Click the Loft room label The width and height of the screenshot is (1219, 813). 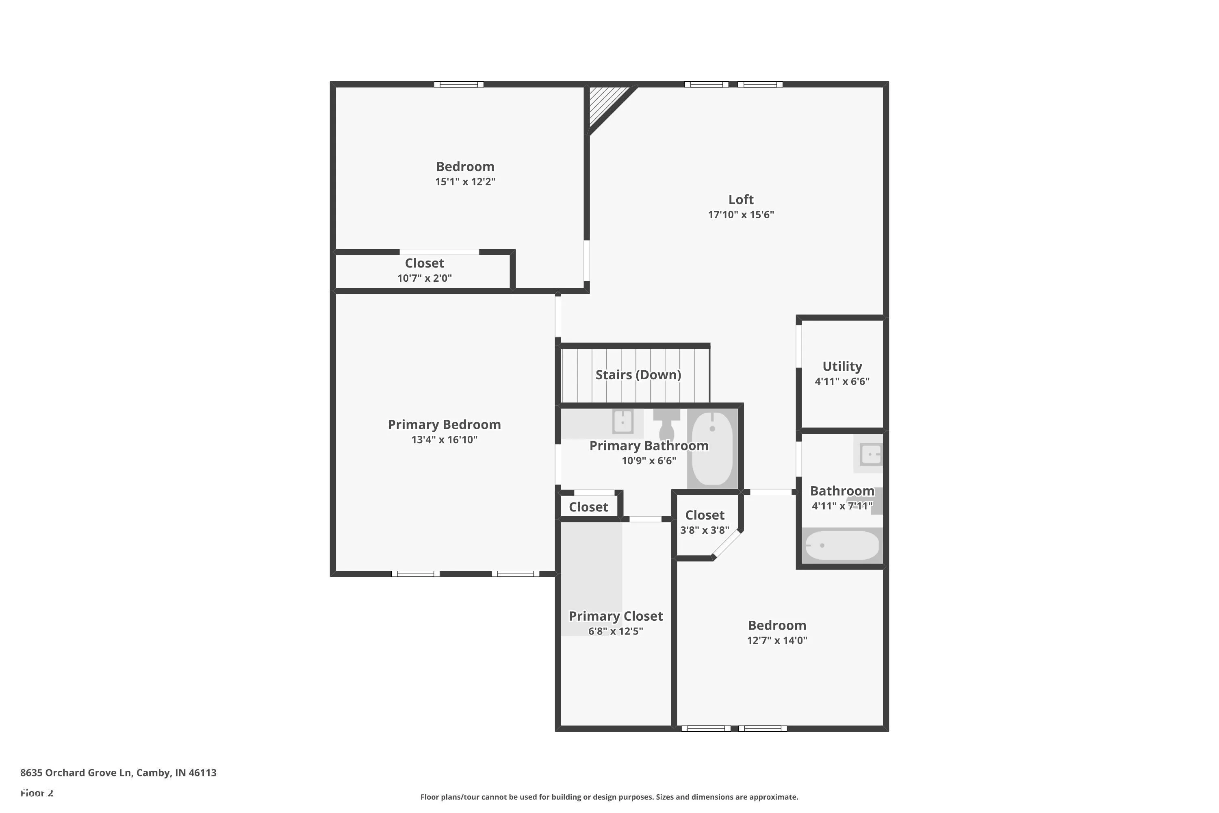(741, 200)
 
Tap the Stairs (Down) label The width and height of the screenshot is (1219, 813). (638, 375)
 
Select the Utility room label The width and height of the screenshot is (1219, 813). (842, 367)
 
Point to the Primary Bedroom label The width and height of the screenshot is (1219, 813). (444, 425)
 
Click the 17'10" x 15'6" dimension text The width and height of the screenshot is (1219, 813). (741, 215)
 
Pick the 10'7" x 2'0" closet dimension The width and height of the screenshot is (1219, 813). (425, 278)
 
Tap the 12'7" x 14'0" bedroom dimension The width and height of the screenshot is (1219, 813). (777, 640)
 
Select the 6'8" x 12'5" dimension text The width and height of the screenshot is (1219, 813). (616, 631)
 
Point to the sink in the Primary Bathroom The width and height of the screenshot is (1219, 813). (623, 422)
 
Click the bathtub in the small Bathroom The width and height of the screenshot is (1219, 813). (842, 546)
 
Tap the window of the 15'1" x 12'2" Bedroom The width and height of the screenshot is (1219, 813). (459, 85)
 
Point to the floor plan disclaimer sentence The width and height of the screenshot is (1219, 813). (609, 797)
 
